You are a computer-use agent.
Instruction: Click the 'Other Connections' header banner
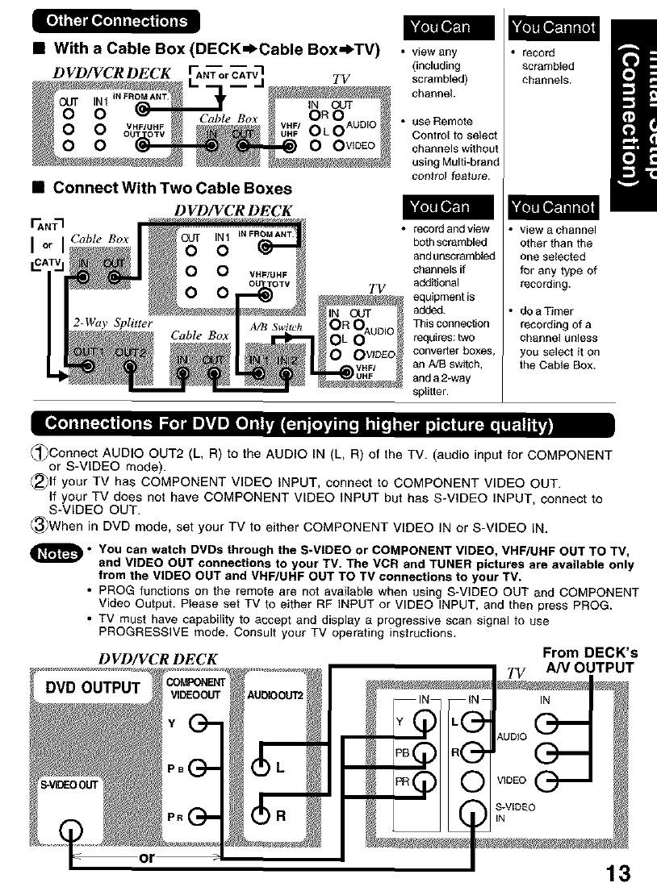click(115, 20)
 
